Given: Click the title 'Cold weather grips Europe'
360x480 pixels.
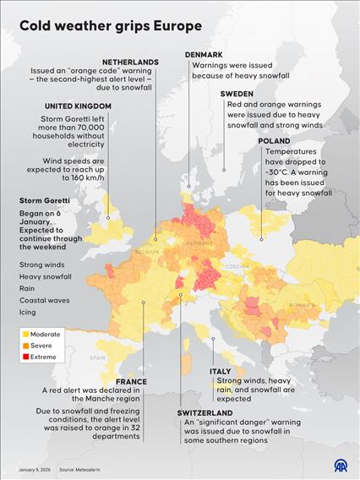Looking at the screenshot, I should click(110, 26).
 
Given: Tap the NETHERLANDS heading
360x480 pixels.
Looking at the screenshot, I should click(130, 62).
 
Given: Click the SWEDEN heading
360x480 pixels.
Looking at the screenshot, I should click(237, 94).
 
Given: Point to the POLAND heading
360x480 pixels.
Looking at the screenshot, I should click(275, 141).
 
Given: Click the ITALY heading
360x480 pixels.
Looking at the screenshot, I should click(221, 372).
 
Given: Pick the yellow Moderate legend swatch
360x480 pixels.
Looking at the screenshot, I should click(26, 335).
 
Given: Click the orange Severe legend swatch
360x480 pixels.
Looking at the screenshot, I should click(26, 346).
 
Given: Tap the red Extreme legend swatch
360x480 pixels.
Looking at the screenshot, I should click(26, 357).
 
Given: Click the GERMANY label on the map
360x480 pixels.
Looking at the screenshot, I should click(200, 242).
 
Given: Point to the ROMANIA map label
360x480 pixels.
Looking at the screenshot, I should click(301, 305).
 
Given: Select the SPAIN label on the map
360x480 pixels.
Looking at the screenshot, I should click(98, 357).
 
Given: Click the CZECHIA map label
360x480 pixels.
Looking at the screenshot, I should click(236, 266).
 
